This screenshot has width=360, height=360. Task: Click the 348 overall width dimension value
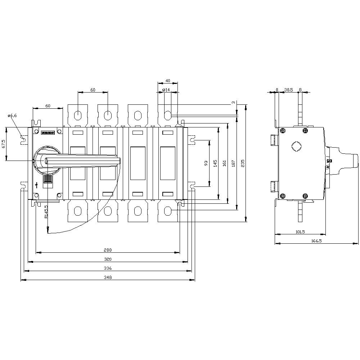coord(108,277)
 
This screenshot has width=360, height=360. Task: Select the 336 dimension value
coord(108,268)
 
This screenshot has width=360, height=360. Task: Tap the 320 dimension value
coord(108,259)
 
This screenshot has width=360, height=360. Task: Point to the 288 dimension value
coord(108,250)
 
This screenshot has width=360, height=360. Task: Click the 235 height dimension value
coord(243,163)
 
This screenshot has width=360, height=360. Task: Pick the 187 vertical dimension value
coord(234,163)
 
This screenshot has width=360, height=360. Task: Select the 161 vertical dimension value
coord(225,163)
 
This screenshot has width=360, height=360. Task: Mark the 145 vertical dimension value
coord(215,163)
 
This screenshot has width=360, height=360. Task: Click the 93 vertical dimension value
coord(206,163)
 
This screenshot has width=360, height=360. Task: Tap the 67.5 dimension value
coord(4,144)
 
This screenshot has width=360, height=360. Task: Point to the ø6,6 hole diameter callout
coord(12,116)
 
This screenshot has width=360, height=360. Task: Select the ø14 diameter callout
coord(166,90)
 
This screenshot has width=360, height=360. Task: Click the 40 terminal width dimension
coord(167,81)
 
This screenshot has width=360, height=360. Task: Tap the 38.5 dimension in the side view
coord(288,90)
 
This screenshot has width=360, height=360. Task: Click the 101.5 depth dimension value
coord(300,232)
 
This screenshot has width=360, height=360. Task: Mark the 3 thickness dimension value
coord(234,103)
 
